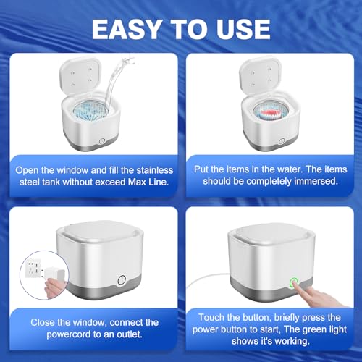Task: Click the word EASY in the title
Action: [127, 29]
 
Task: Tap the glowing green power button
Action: [294, 282]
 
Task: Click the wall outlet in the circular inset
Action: [35, 267]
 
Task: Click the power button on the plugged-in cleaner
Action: [122, 280]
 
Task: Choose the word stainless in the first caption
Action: [155, 170]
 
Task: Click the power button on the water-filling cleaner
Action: [102, 141]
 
